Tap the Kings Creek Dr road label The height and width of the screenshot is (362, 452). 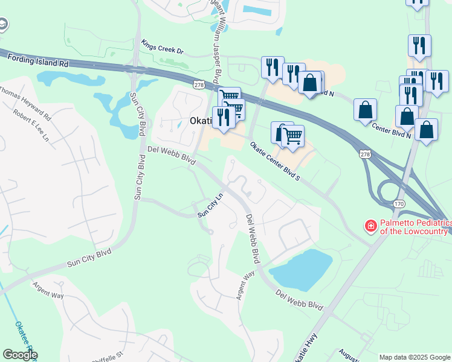162,47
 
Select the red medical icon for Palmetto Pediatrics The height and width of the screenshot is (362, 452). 370,227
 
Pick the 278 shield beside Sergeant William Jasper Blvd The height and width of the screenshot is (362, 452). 199,85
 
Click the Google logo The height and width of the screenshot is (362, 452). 20,355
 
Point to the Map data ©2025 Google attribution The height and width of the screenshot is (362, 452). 415,357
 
